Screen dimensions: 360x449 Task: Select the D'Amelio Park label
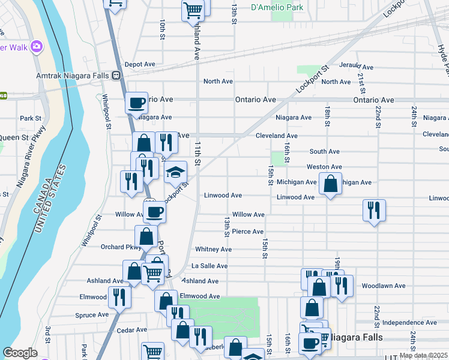click(277, 8)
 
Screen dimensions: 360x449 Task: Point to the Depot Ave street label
click(140, 64)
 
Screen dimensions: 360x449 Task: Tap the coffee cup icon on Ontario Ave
click(137, 103)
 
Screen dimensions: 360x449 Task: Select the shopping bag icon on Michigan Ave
click(330, 183)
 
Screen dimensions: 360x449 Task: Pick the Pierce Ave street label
click(248, 232)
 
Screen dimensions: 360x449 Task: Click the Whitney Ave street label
click(213, 249)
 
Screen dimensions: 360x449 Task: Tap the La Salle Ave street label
click(209, 266)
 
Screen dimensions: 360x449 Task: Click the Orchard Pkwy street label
click(121, 247)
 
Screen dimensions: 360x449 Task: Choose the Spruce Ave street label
click(92, 314)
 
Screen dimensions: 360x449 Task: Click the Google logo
click(19, 353)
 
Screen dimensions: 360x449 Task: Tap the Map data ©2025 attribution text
click(423, 355)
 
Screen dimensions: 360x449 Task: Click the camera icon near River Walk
click(37, 46)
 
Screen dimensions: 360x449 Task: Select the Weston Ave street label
click(324, 167)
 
